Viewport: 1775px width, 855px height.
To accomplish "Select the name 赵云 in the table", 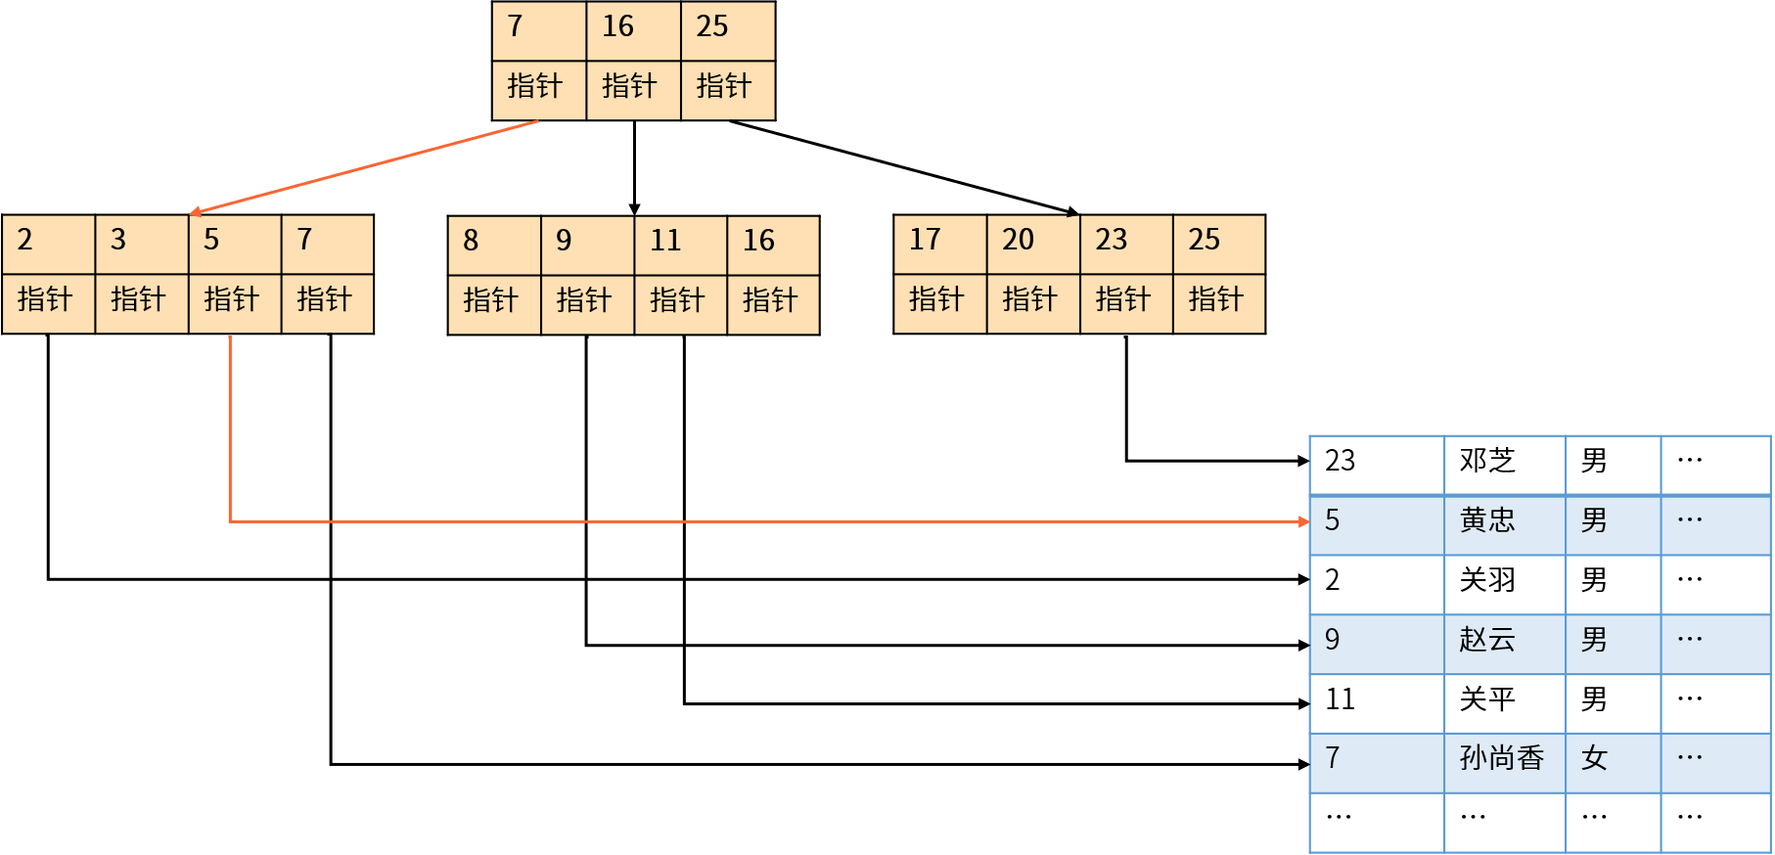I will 1487,641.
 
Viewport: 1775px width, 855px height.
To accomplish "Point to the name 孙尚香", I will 1502,759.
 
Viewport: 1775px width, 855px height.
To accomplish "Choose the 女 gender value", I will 1595,759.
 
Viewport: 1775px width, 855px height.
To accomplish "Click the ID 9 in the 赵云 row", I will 1333,641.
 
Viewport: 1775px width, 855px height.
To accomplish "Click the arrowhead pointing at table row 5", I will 1303,521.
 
